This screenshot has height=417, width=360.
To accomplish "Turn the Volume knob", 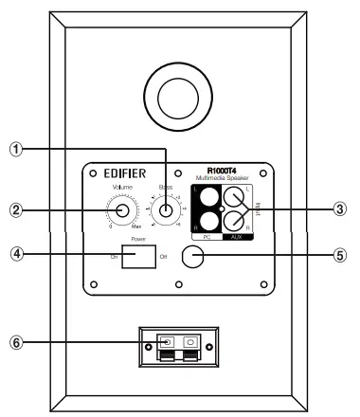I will [x=124, y=211].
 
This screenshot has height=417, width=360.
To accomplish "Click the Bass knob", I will [x=167, y=211].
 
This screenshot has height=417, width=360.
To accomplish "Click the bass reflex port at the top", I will [x=179, y=98].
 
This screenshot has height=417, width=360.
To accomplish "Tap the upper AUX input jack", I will [x=233, y=199].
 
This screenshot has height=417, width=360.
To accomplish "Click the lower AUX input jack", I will [x=233, y=222].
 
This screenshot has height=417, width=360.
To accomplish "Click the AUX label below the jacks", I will [x=233, y=238].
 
